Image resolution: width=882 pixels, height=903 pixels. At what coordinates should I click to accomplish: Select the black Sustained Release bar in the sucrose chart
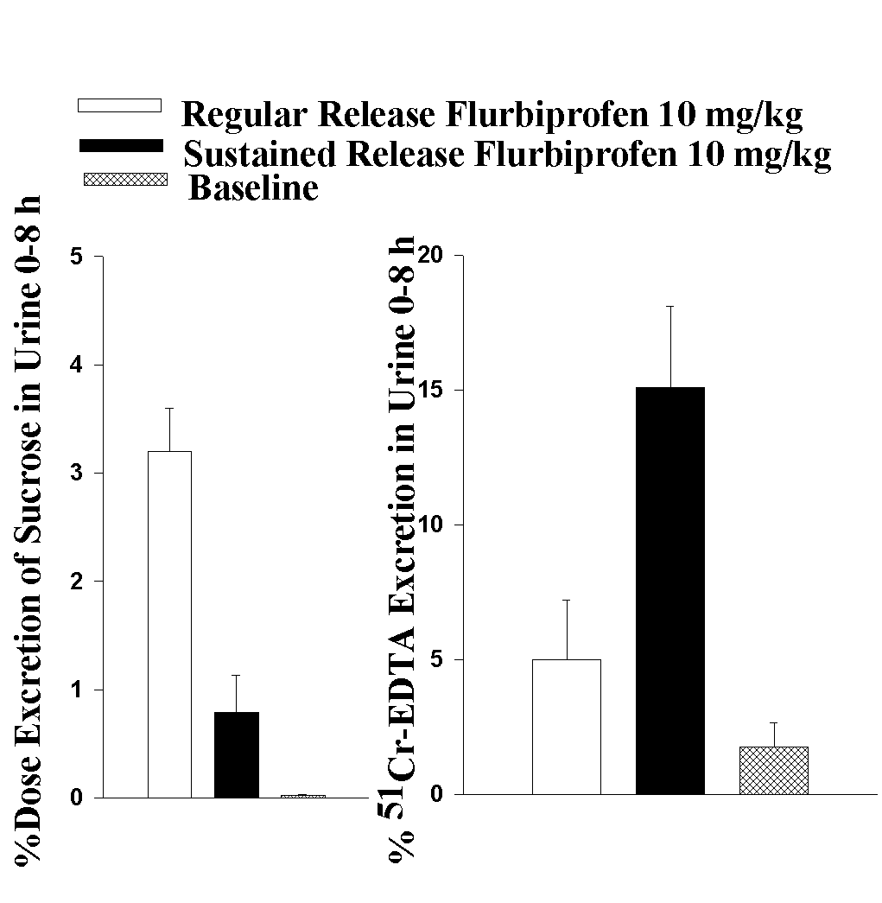(237, 754)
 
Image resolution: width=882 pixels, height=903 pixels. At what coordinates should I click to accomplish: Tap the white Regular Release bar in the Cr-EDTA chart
(566, 726)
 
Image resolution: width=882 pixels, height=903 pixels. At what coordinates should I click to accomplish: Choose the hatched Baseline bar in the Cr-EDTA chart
(773, 770)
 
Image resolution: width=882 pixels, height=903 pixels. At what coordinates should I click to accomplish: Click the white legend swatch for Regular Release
(119, 105)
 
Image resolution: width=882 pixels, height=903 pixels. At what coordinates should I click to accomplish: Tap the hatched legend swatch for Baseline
(124, 180)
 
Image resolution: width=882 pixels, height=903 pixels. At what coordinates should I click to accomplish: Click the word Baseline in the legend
(253, 188)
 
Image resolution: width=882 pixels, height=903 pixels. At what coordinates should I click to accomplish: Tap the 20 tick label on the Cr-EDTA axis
(430, 256)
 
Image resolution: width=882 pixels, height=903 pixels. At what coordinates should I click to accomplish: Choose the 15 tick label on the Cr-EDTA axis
(430, 390)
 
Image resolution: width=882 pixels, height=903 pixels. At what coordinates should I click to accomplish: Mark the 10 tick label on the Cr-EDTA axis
(430, 525)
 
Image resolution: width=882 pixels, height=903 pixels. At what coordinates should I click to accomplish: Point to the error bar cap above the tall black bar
(669, 306)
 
